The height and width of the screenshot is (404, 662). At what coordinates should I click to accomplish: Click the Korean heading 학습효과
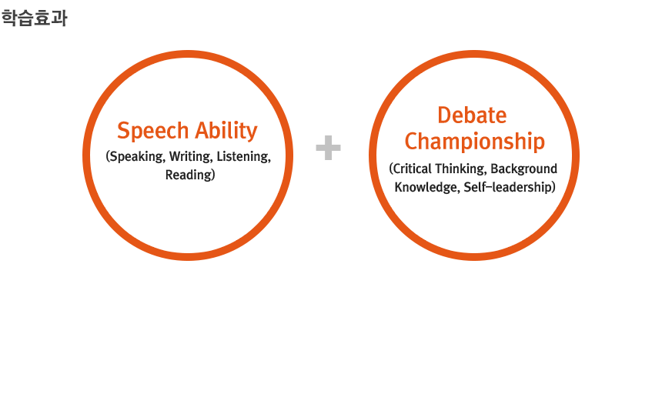(34, 18)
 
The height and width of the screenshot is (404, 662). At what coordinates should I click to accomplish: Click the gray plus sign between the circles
(328, 148)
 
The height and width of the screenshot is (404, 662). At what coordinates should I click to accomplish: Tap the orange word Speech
(153, 131)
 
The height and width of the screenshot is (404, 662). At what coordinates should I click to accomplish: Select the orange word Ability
(226, 131)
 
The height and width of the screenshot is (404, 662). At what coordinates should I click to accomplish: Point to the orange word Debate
(472, 115)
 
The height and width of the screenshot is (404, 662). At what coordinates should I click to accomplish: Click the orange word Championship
(474, 142)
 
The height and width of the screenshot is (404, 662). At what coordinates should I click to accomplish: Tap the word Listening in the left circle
(243, 157)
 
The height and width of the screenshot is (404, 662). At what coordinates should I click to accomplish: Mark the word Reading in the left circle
(189, 175)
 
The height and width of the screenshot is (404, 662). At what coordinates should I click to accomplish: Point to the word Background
(524, 169)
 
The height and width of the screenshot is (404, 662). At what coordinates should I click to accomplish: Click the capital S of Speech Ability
(123, 131)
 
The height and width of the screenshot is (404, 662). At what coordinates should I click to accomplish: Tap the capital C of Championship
(411, 141)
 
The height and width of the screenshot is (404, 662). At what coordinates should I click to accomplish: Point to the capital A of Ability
(202, 131)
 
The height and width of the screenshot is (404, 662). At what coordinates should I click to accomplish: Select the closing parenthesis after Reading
(213, 175)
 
